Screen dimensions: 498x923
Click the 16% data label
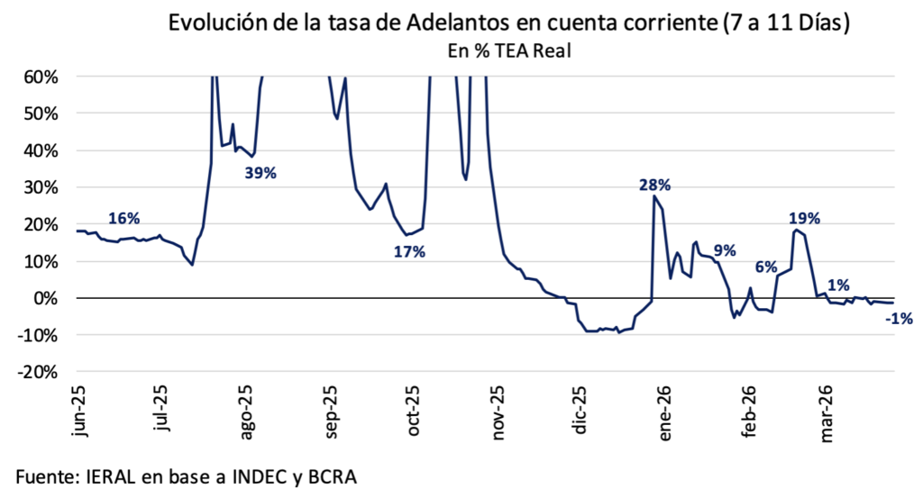pos(123,218)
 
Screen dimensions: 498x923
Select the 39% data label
pos(260,173)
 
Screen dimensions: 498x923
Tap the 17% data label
pos(408,252)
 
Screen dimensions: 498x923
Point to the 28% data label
pos(654,186)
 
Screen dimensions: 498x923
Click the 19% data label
pos(804,218)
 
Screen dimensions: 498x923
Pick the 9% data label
pos(724,250)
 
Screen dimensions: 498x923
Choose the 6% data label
pos(765,267)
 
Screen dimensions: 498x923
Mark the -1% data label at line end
pos(900,318)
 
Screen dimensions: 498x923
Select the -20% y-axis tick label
pos(40,372)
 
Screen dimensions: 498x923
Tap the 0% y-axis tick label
pos(46,298)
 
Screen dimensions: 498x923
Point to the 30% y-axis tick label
pos(41,187)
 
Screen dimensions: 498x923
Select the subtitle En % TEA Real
pos(510,51)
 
